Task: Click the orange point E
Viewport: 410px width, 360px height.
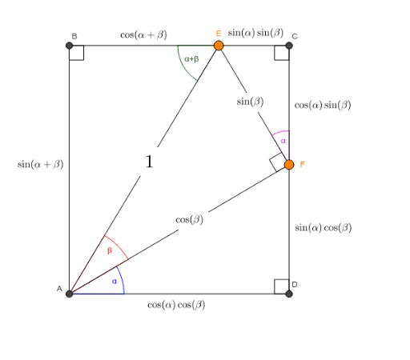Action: click(x=219, y=46)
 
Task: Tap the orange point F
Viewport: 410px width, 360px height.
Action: click(x=289, y=165)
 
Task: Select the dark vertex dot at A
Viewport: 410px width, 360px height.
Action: click(x=70, y=294)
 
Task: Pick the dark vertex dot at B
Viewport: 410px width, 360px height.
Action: click(x=70, y=46)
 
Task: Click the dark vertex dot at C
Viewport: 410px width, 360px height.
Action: click(x=289, y=46)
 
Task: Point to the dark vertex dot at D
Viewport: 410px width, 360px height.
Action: click(x=289, y=294)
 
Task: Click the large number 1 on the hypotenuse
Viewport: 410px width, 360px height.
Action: click(x=149, y=162)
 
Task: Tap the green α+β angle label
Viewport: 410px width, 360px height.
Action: click(x=191, y=59)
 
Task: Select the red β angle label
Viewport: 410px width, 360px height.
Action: click(x=110, y=250)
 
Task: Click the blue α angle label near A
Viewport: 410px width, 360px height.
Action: click(x=115, y=282)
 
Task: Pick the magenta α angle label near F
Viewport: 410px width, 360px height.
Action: click(x=283, y=141)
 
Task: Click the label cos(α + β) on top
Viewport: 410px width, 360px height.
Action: click(x=143, y=35)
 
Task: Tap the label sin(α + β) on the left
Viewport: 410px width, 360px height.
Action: click(x=41, y=164)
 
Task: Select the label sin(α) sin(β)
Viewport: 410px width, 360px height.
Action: click(x=255, y=33)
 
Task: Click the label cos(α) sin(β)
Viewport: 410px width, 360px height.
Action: click(x=323, y=105)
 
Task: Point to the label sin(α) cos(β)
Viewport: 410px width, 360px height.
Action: click(x=324, y=228)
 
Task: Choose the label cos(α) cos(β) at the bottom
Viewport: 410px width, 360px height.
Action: click(x=176, y=305)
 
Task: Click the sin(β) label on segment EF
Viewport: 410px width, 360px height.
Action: click(x=250, y=102)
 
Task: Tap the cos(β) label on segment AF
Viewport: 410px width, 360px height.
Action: click(x=190, y=220)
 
